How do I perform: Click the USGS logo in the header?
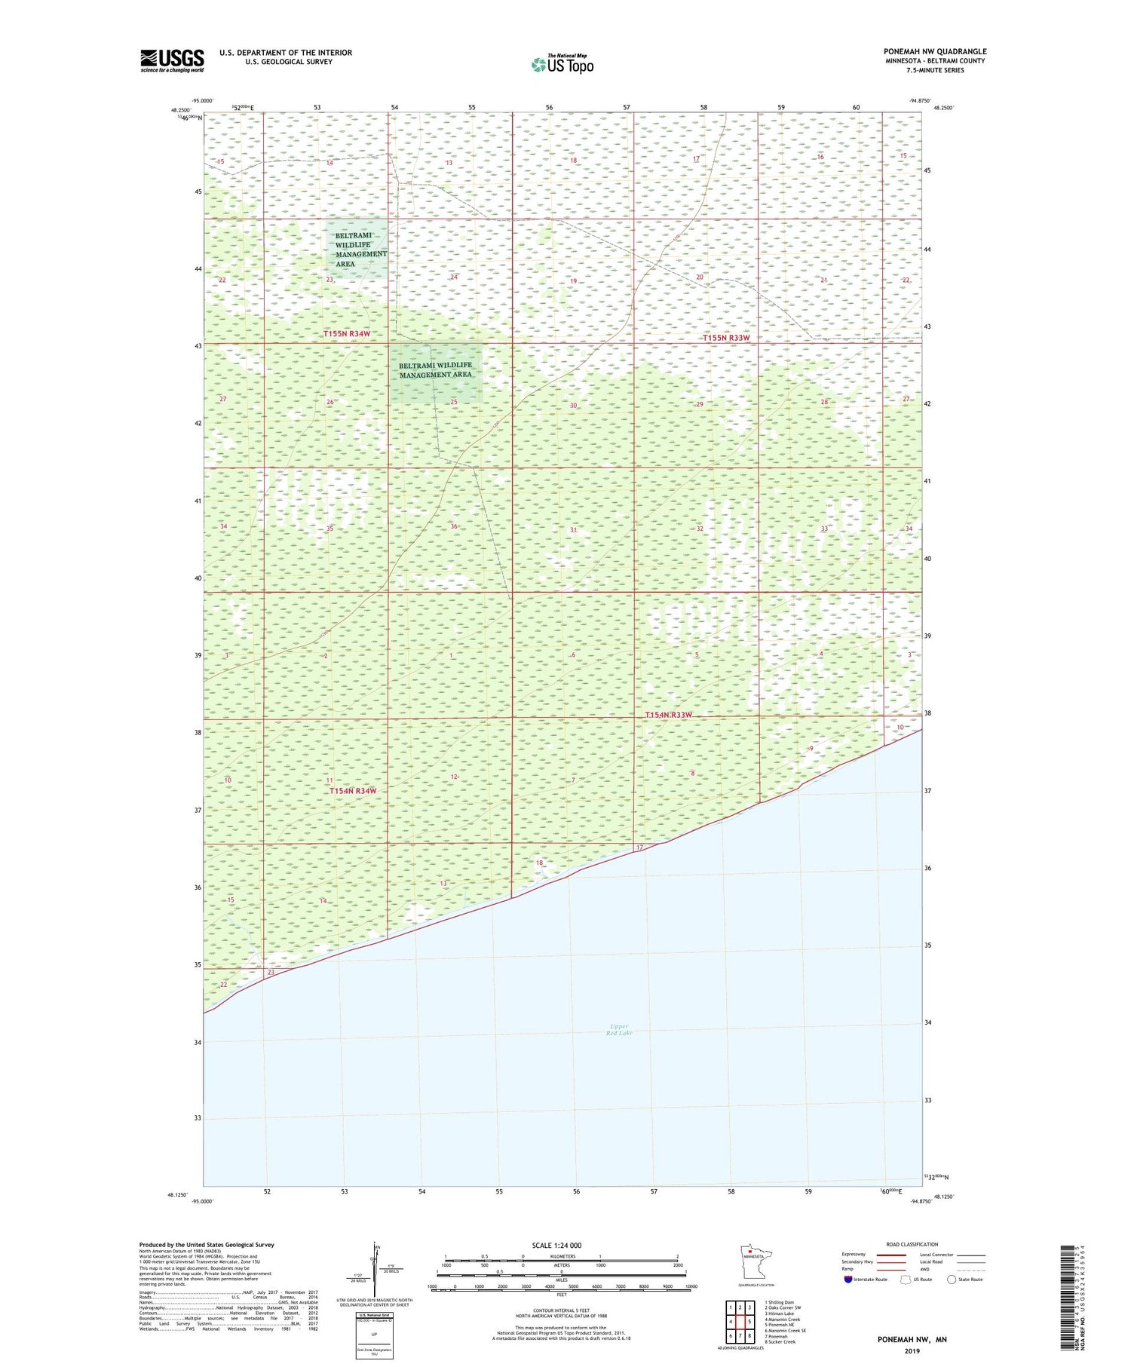[x=172, y=60]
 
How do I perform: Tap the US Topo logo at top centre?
[x=562, y=65]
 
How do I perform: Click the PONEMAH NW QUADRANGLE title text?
[x=935, y=52]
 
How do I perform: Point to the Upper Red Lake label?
[x=619, y=1029]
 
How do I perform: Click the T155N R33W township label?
[x=726, y=338]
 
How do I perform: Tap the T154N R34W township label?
[x=352, y=790]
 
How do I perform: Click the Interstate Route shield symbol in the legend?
[x=848, y=1279]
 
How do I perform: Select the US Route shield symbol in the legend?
[x=906, y=1279]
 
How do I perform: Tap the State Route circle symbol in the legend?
[x=952, y=1279]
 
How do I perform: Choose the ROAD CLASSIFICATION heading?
[x=912, y=1244]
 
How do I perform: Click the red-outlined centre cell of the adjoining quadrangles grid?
[x=740, y=1321]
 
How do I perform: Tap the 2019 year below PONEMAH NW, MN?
[x=912, y=1351]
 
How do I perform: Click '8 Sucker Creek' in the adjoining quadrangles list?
[x=780, y=1341]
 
